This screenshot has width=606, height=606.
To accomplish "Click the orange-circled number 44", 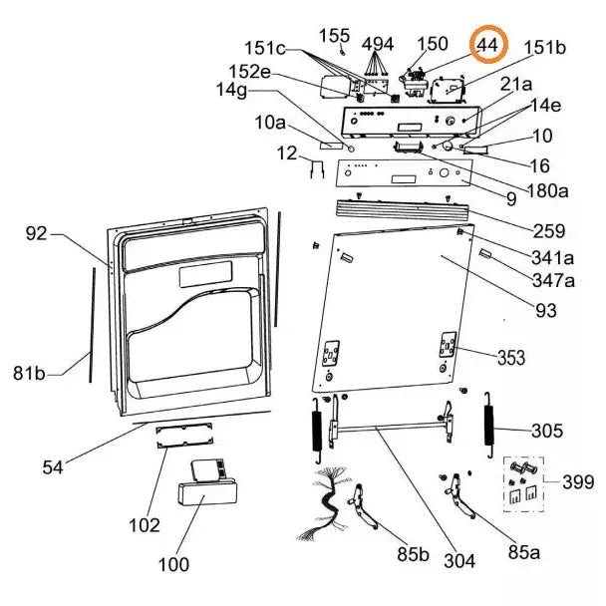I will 488,46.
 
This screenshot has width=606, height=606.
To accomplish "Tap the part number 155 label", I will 334,36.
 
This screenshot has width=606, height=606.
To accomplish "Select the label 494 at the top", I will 378,44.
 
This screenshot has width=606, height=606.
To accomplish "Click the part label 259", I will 549,231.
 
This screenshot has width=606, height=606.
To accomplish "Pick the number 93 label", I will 545,311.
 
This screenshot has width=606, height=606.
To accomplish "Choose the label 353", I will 511,357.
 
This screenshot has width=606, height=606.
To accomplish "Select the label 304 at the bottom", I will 459,561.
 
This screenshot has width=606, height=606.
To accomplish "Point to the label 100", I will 173,565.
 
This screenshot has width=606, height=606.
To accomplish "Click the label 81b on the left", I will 31,374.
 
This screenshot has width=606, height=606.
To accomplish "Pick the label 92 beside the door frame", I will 37,234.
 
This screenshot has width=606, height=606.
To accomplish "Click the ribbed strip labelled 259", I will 399,208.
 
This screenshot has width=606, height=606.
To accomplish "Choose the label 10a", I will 270,123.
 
